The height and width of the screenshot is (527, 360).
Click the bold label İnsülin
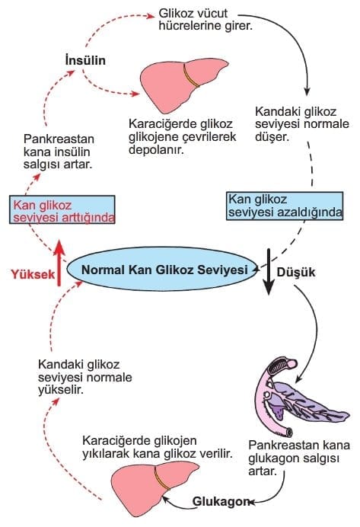85,60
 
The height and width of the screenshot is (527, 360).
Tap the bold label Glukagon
221,501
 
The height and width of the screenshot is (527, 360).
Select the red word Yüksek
33,274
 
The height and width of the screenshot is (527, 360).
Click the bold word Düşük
296,272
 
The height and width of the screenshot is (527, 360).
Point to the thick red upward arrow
59,263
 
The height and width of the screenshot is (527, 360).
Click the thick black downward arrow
269,272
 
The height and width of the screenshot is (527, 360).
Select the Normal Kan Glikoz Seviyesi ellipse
162,270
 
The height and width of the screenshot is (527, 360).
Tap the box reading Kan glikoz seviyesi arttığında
62,209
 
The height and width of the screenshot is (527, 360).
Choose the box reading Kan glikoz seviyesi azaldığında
285,206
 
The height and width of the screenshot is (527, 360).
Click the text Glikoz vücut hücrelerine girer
205,19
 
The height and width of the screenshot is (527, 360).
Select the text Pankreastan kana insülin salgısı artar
59,152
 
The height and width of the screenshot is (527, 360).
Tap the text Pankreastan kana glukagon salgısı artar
299,458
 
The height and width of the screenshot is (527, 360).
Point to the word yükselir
60,390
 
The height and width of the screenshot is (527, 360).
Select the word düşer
272,137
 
